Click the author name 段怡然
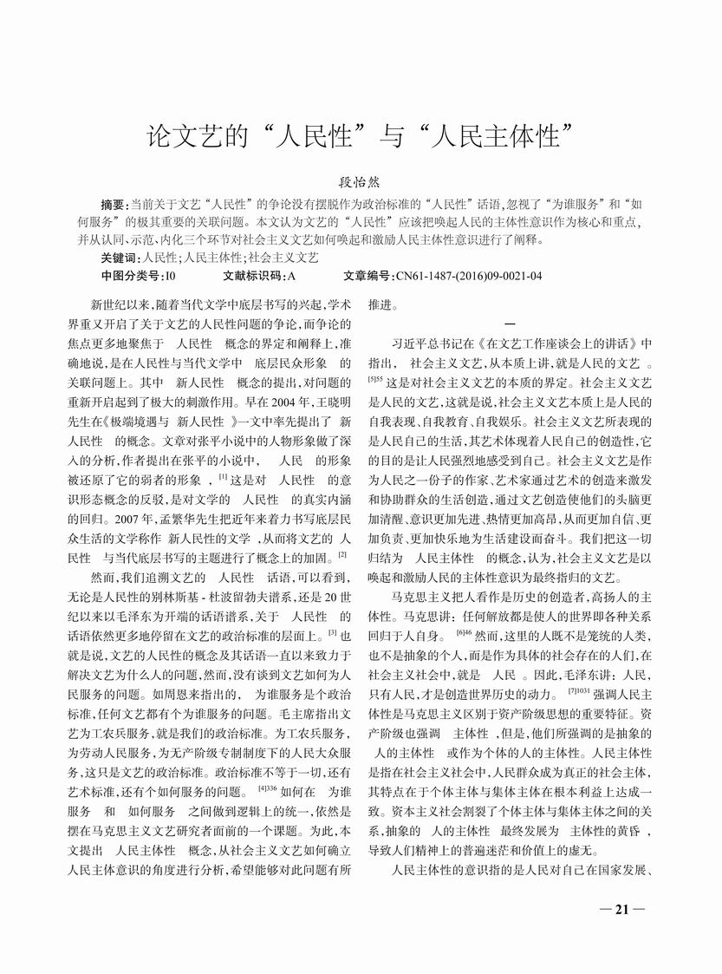(x=361, y=186)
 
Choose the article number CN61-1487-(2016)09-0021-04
(x=469, y=277)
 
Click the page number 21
(x=621, y=910)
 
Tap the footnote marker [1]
(x=223, y=475)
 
